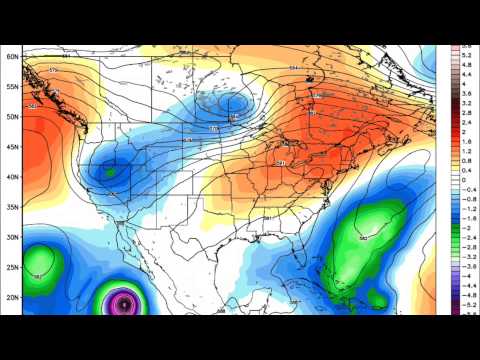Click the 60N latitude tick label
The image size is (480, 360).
[x=14, y=57]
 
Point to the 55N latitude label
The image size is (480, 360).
[x=14, y=87]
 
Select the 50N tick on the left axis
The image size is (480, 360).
[x=14, y=117]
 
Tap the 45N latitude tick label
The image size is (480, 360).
[x=14, y=147]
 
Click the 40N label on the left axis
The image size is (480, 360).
[x=14, y=177]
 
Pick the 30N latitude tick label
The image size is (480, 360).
[x=14, y=237]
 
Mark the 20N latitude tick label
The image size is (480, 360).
[x=14, y=297]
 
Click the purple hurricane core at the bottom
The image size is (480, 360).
[x=123, y=300]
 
